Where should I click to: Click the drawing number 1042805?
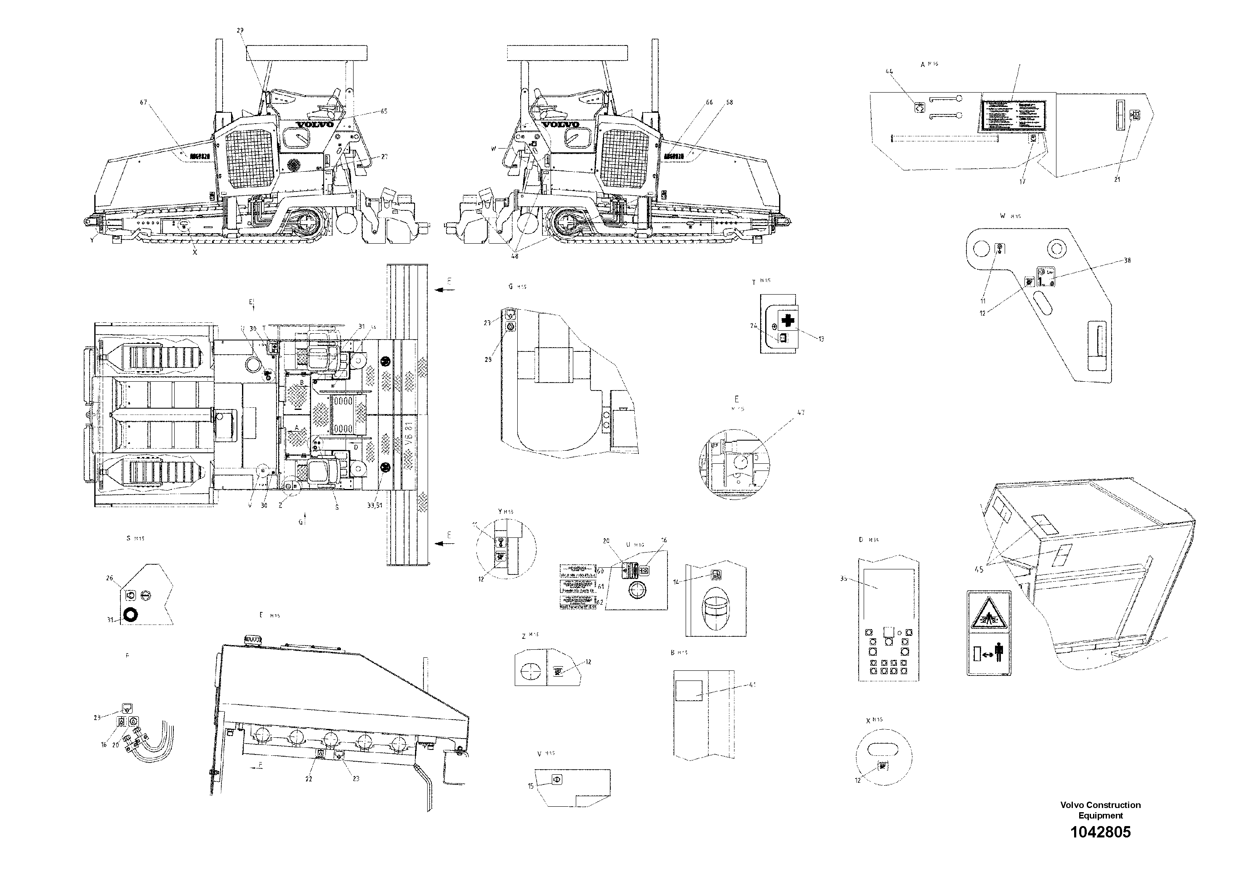point(1100,832)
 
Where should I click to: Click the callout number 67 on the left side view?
point(144,102)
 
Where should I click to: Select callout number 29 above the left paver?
point(240,31)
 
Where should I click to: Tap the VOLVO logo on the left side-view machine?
point(315,125)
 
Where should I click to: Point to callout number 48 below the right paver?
point(515,255)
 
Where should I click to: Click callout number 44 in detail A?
point(889,71)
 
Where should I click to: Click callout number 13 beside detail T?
point(821,339)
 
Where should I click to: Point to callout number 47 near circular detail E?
point(801,412)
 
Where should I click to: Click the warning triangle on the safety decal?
point(989,619)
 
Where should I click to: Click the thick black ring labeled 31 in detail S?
point(131,615)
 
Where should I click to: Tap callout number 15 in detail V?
point(530,786)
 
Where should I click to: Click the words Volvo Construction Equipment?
point(1100,810)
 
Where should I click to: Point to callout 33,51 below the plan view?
point(374,506)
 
